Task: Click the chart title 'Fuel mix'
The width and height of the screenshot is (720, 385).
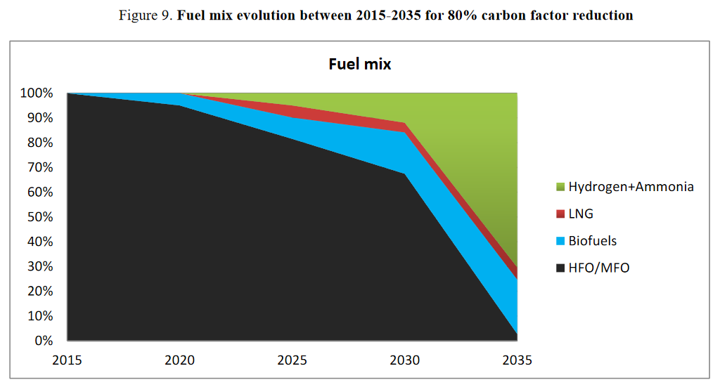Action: coord(359,64)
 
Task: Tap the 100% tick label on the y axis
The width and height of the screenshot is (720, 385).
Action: coord(37,93)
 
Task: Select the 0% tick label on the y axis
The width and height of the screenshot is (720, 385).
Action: coord(43,341)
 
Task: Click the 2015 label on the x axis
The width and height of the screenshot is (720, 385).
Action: coord(67,360)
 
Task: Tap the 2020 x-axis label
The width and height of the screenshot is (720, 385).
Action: coord(180,360)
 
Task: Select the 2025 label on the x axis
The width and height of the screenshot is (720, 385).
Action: coord(292,360)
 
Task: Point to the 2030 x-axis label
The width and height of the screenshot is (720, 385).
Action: coord(405,360)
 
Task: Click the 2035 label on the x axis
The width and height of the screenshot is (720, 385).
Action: coord(517,360)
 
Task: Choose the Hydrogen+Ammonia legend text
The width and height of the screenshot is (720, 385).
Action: coord(631,187)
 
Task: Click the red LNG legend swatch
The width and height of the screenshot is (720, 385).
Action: coord(560,214)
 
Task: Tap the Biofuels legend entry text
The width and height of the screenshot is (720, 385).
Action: coord(592,241)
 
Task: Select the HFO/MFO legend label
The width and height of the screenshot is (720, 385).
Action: coord(598,268)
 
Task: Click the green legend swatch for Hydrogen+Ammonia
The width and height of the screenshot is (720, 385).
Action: coord(560,188)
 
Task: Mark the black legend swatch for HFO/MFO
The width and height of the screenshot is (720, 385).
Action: coord(560,268)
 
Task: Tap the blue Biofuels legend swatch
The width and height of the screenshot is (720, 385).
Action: coord(560,242)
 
